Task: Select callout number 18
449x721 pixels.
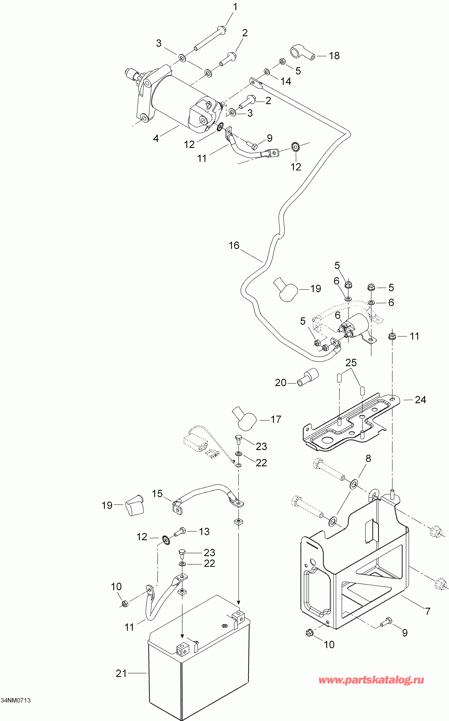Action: coord(334,56)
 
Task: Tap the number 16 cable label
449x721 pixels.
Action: coord(234,245)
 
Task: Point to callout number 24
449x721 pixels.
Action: coord(420,400)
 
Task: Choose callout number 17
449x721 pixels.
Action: coord(276,419)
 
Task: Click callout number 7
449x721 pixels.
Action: coord(428,611)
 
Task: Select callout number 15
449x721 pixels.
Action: coord(157,494)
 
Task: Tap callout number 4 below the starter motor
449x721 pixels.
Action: coord(156,138)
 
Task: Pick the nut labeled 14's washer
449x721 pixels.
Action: coord(267,72)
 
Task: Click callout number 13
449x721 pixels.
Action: coord(204,532)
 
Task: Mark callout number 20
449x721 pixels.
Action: coord(280,383)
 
